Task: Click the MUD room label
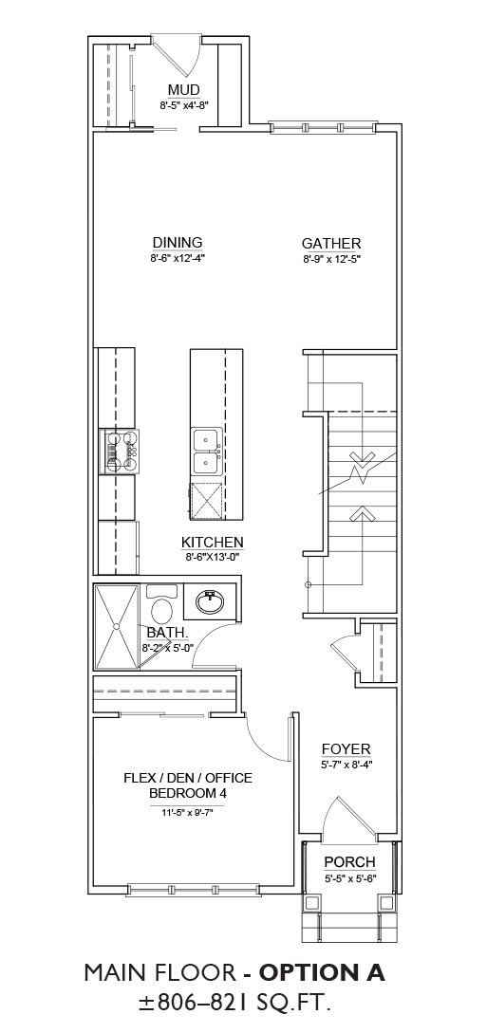click(x=183, y=89)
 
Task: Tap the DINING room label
click(x=178, y=243)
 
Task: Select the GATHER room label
click(x=331, y=243)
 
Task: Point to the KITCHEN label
click(x=213, y=543)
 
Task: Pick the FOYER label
click(x=346, y=749)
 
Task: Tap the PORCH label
click(x=350, y=861)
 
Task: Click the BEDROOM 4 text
click(x=188, y=793)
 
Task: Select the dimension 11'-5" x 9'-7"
click(x=188, y=812)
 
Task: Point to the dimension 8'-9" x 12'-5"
click(x=331, y=259)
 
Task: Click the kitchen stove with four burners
click(x=120, y=452)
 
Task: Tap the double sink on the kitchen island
click(x=206, y=452)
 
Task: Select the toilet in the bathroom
click(x=160, y=602)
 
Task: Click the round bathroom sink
click(x=210, y=600)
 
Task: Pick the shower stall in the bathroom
click(x=117, y=626)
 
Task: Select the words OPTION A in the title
click(x=322, y=971)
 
